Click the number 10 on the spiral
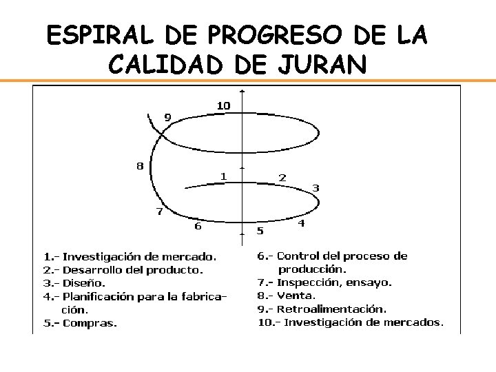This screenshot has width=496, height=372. click(x=223, y=105)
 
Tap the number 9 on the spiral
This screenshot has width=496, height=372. click(x=167, y=117)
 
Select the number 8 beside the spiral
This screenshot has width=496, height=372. click(x=140, y=165)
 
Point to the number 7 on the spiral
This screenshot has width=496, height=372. click(x=159, y=211)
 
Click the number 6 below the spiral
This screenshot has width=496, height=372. click(x=198, y=225)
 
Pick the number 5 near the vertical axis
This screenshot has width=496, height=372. click(x=260, y=230)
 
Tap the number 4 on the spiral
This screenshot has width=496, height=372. click(x=301, y=223)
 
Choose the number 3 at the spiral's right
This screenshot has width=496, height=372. click(x=316, y=187)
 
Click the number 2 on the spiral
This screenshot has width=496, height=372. click(x=282, y=177)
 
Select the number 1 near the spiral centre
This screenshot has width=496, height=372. click(x=223, y=176)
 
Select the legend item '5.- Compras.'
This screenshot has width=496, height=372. click(x=81, y=322)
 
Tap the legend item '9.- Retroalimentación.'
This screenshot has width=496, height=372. click(x=322, y=309)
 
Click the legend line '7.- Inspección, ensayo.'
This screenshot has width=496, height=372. click(x=324, y=282)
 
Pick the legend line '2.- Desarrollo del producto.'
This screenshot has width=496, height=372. click(x=123, y=270)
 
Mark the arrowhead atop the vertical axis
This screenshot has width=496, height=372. click(x=241, y=91)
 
